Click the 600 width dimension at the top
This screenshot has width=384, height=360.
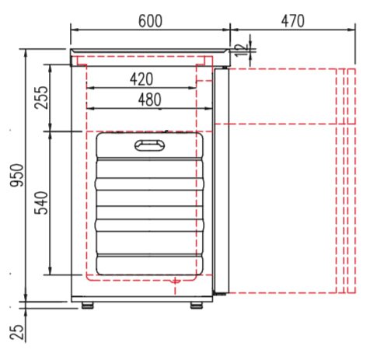[x=150, y=21]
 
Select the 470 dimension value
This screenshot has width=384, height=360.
[x=291, y=21]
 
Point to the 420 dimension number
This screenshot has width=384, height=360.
[x=141, y=79]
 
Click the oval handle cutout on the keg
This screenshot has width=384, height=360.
[x=148, y=145]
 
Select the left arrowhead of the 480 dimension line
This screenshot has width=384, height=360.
[x=88, y=109]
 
